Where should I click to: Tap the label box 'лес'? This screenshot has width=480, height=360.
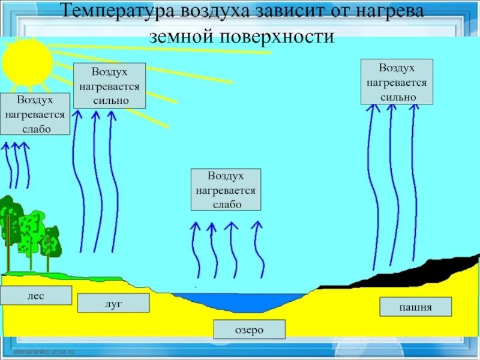pos(36,295)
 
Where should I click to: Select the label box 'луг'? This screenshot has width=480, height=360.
pos(113,303)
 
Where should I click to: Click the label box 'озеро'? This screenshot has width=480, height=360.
pos(250,329)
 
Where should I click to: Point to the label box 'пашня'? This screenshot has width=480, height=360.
pos(415,307)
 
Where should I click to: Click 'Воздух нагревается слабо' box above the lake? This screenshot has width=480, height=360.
pos(226,190)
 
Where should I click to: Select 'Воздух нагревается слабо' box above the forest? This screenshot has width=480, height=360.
pos(35,113)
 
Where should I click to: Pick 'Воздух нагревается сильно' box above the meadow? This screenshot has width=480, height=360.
pos(109,86)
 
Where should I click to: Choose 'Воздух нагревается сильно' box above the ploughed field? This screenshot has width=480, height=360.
pos(397,82)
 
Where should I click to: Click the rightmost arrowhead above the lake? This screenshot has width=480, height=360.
pos(257,225)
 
